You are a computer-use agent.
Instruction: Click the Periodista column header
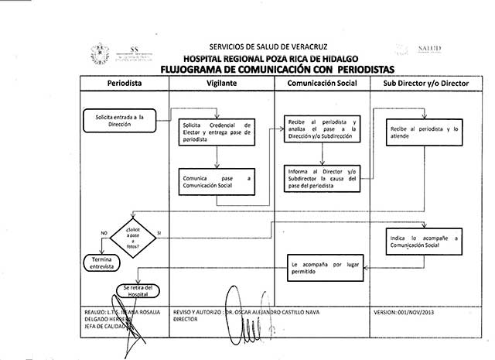point(123,82)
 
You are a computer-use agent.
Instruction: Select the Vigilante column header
point(222,82)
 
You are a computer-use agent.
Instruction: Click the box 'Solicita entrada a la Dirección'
point(119,118)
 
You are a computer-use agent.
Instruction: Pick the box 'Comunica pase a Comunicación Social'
point(217,180)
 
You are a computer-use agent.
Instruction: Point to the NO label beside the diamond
point(103,232)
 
